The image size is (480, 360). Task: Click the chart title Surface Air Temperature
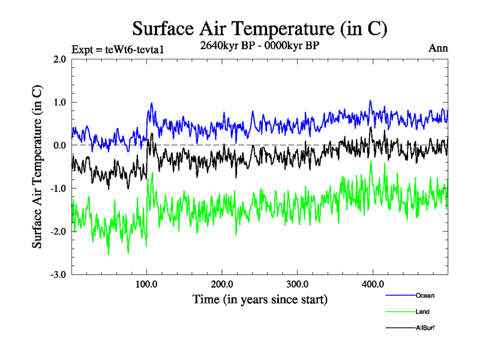coord(259,28)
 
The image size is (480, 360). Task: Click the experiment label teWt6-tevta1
coord(118,49)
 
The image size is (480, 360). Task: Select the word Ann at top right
coord(438,48)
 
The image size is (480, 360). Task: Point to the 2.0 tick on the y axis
coord(58,59)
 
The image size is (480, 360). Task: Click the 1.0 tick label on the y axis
coord(58,103)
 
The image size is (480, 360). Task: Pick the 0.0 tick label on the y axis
coord(58,146)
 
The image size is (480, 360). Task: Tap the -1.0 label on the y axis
coord(57,189)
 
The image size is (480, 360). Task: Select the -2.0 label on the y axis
coord(57,232)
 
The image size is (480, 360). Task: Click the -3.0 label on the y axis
coord(57,275)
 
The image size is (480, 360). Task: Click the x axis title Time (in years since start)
coord(260,298)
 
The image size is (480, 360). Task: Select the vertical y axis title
coord(37,167)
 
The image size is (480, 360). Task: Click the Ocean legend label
coord(424,295)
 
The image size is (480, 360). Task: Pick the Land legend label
coord(422,311)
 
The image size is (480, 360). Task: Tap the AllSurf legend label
coord(425,328)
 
